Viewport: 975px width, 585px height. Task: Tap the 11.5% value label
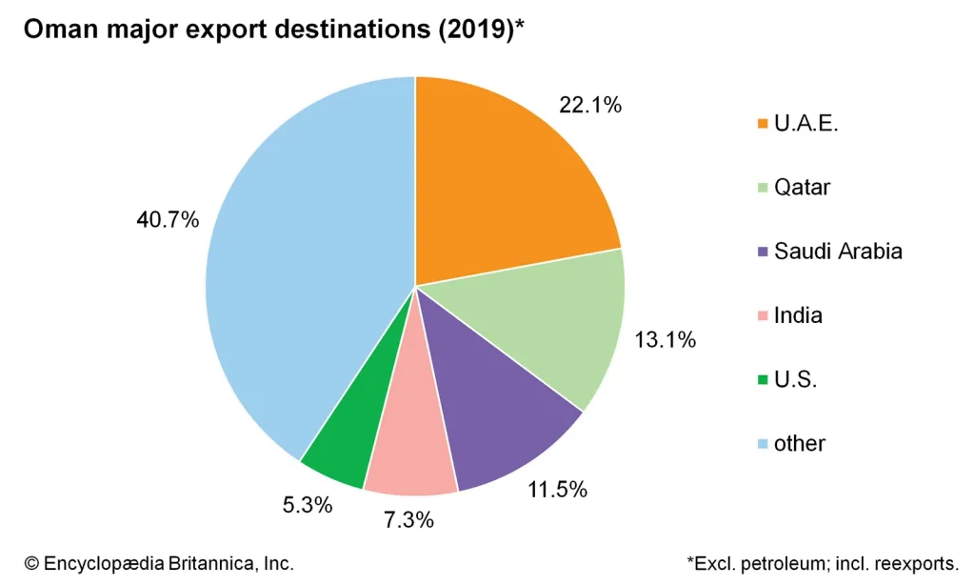tap(557, 491)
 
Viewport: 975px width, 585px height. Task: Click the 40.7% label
tap(169, 220)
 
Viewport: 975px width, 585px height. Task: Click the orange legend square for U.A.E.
tap(762, 124)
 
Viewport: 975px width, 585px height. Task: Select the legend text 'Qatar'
tap(802, 188)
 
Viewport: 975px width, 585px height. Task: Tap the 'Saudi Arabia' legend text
tap(838, 252)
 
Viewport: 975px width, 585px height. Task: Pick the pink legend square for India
tap(762, 315)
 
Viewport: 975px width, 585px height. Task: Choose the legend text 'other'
tap(800, 443)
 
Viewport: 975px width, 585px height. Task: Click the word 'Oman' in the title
tap(57, 30)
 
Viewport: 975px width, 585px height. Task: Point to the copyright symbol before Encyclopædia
tap(30, 564)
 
